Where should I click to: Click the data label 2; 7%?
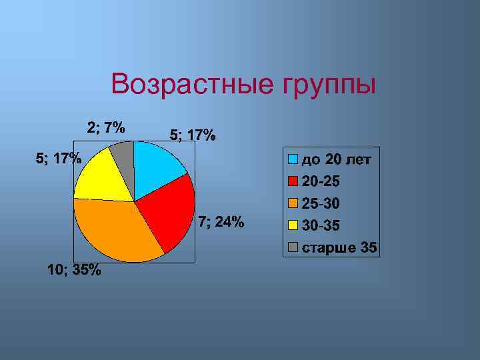[x=106, y=127]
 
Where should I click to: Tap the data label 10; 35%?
[x=74, y=270]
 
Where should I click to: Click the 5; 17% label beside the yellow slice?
[x=58, y=158]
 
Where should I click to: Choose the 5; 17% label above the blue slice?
[x=193, y=135]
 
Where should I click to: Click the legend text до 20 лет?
[x=337, y=159]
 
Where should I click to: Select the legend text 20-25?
[x=321, y=181]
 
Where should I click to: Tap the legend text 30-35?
[x=321, y=226]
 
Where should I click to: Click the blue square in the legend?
[x=293, y=159]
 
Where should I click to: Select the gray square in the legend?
[x=293, y=249]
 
